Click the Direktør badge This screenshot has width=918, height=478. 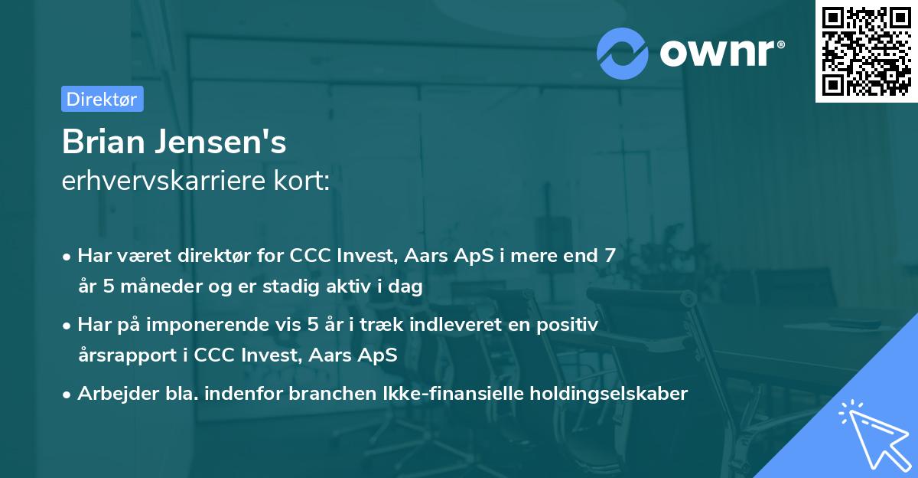(x=102, y=99)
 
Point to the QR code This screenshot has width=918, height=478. (x=866, y=51)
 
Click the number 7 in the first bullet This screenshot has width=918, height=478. (x=609, y=256)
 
